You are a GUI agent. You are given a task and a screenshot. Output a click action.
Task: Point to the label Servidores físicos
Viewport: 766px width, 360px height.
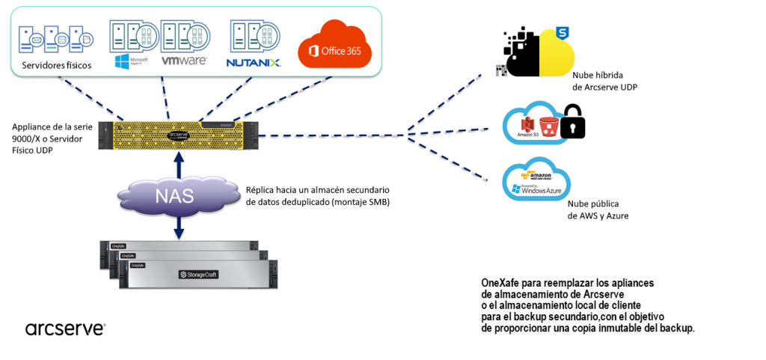(x=57, y=65)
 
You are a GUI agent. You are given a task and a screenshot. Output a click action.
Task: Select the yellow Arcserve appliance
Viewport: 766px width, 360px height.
(x=178, y=135)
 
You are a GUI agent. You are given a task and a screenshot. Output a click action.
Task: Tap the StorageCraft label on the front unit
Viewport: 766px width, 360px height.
(x=198, y=275)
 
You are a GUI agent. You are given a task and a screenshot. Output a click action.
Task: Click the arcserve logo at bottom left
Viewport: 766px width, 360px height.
(x=65, y=329)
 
